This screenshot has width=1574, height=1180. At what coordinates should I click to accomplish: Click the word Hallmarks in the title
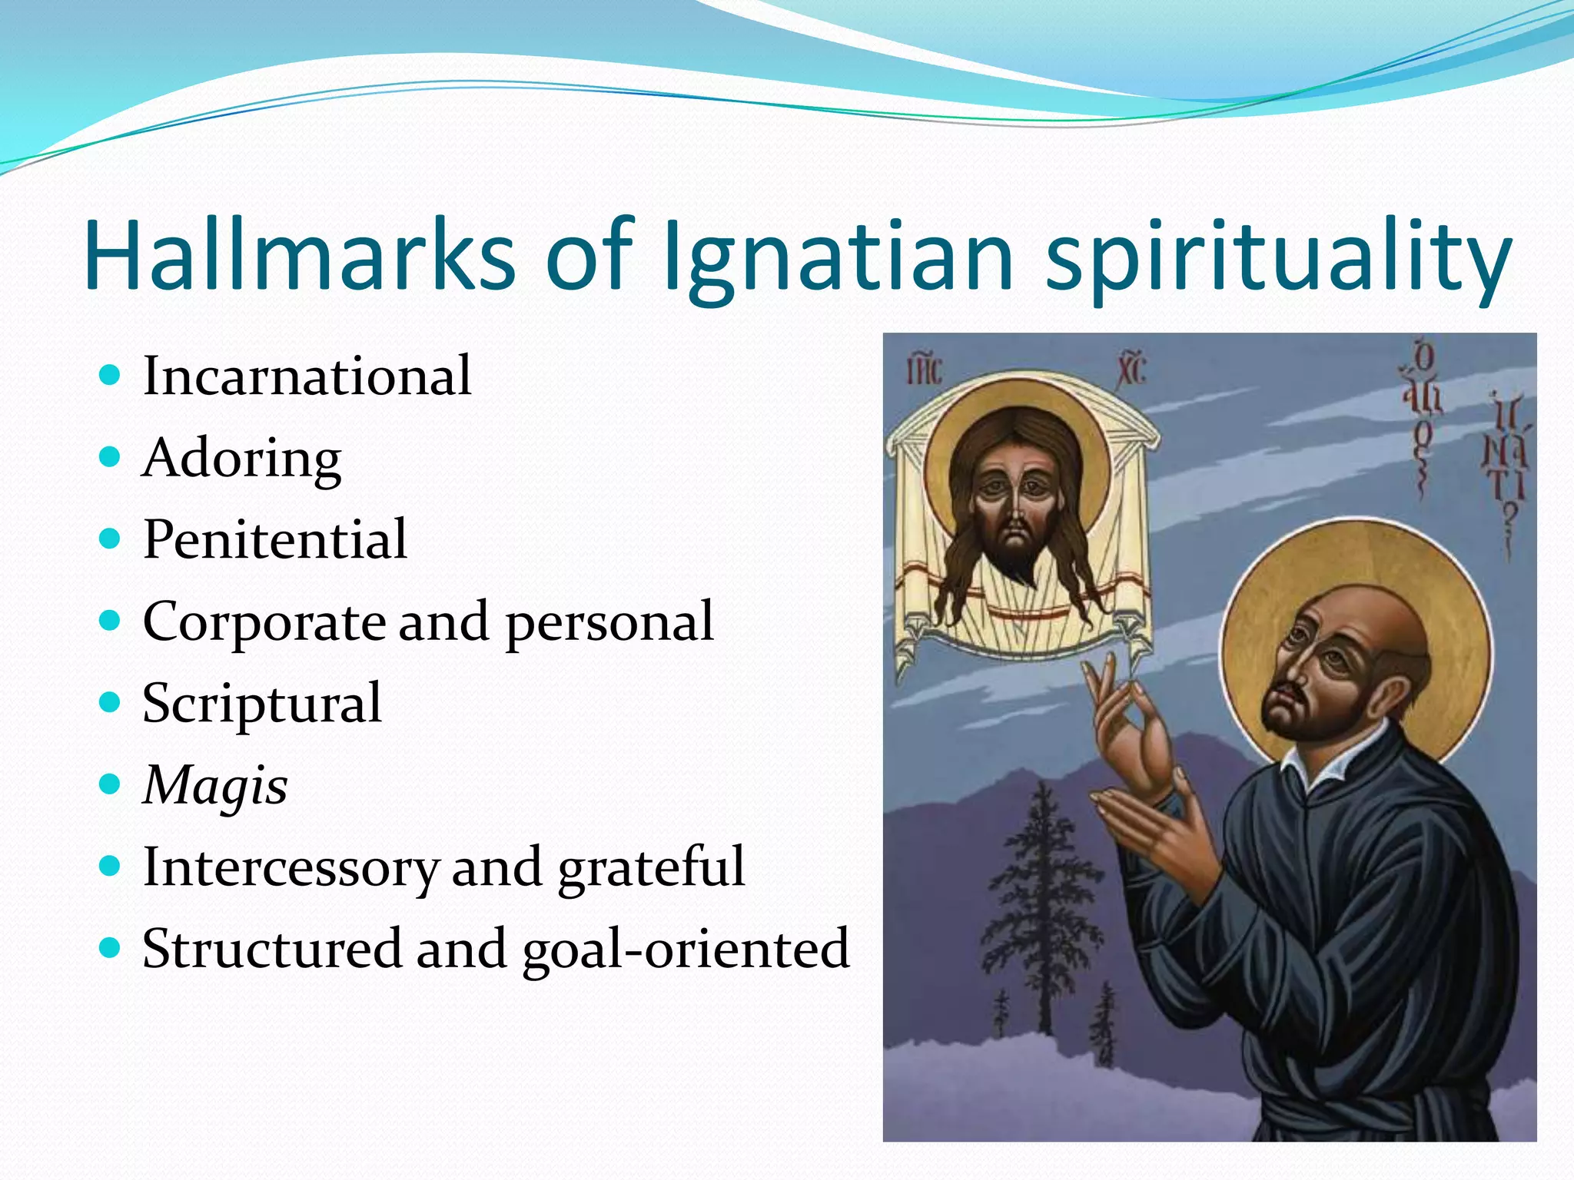(300, 255)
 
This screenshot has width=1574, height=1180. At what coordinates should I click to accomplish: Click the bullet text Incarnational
(307, 376)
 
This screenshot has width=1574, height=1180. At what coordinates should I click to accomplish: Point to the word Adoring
(242, 459)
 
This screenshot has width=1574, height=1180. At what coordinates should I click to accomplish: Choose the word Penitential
(275, 539)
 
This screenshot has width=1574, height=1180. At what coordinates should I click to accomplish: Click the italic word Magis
(216, 786)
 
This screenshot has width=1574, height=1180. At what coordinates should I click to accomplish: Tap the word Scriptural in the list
(262, 703)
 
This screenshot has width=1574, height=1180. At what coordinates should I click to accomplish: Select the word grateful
(651, 867)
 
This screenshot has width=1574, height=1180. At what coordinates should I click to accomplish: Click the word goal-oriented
(686, 949)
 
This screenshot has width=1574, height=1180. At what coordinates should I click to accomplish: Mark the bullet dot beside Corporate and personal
(111, 620)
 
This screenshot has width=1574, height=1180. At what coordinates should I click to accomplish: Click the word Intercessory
(291, 867)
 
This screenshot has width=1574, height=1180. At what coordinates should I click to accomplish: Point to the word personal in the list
(609, 621)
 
